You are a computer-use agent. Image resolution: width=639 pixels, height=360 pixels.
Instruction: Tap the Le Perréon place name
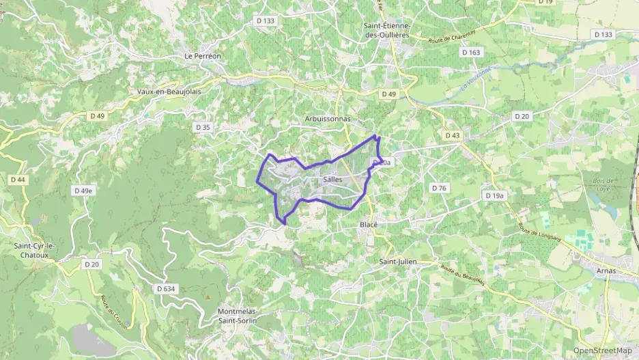pyautogui.click(x=203, y=56)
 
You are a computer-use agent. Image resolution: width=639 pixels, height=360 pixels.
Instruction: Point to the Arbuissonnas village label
pyautogui.click(x=327, y=119)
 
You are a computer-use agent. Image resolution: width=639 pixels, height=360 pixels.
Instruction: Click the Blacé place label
pyautogui.click(x=369, y=224)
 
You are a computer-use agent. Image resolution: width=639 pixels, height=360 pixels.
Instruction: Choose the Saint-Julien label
pyautogui.click(x=398, y=261)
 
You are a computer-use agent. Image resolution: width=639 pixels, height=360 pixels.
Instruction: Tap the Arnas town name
pyautogui.click(x=605, y=271)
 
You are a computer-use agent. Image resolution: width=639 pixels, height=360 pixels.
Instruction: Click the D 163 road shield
pyautogui.click(x=471, y=52)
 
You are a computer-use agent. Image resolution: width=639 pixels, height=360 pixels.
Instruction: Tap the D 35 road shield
pyautogui.click(x=203, y=127)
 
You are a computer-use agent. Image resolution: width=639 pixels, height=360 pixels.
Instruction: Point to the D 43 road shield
pyautogui.click(x=452, y=135)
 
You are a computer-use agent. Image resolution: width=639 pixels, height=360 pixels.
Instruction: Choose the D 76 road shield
pyautogui.click(x=439, y=187)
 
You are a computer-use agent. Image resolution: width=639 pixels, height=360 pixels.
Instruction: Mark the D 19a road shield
pyautogui.click(x=495, y=196)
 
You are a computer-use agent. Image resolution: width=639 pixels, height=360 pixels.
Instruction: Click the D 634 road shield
pyautogui.click(x=166, y=289)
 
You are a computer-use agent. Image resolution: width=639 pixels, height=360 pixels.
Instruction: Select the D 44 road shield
pyautogui.click(x=18, y=180)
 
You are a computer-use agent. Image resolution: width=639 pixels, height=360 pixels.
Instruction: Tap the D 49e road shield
pyautogui.click(x=83, y=191)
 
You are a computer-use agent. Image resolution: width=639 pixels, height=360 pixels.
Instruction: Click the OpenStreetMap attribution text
pyautogui.click(x=603, y=350)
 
